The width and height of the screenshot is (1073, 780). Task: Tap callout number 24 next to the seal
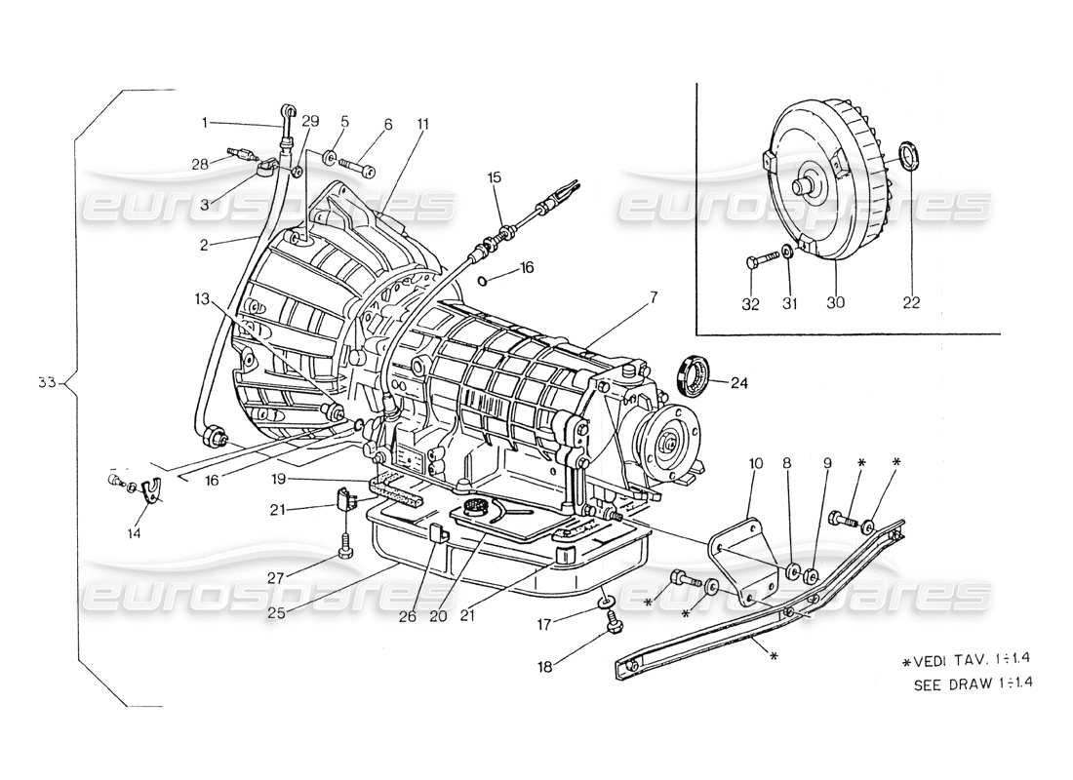(x=739, y=382)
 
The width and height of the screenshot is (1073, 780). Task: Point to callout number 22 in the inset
(x=911, y=303)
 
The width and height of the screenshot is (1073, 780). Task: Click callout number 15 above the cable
(x=495, y=177)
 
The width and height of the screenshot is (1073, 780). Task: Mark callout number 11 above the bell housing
(x=422, y=124)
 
